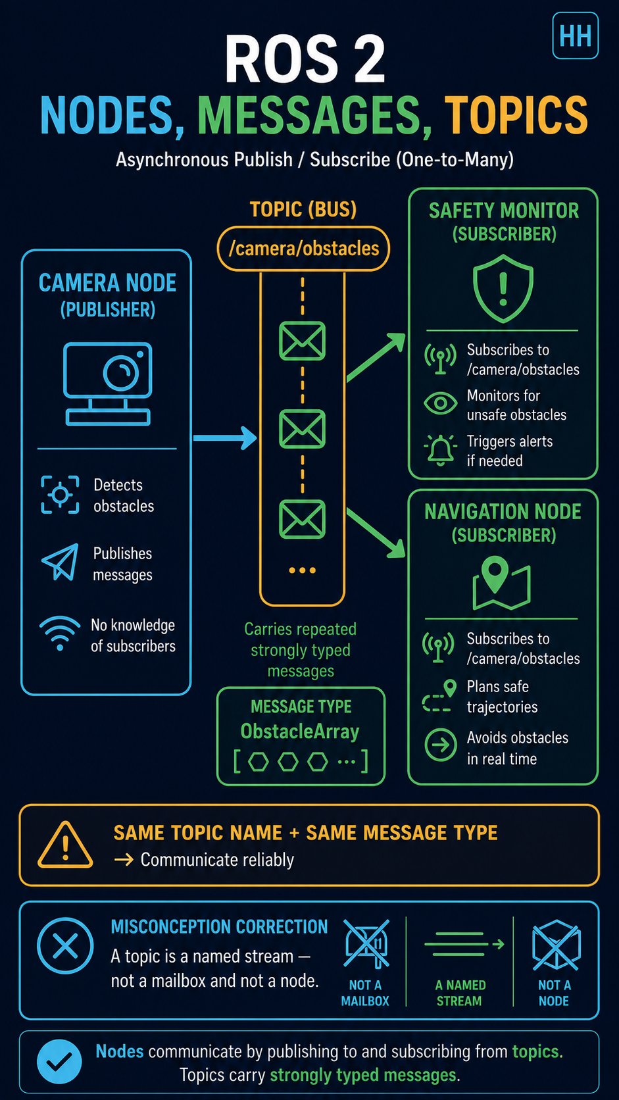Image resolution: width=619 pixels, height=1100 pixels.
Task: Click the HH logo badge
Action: tap(576, 36)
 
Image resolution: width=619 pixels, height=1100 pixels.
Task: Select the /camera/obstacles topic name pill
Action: tap(303, 249)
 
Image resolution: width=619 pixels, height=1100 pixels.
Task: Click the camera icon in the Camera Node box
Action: tap(107, 384)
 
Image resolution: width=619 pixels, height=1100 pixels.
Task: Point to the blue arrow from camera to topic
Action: tap(225, 438)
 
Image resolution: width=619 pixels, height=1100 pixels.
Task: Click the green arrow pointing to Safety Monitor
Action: tap(376, 357)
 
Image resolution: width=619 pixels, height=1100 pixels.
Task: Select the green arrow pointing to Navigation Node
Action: tap(376, 534)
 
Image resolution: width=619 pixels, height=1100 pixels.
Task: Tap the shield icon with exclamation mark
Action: tap(503, 288)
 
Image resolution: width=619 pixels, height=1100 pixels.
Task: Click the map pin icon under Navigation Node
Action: tap(501, 583)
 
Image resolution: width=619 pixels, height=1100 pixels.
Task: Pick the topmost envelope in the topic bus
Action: tap(302, 341)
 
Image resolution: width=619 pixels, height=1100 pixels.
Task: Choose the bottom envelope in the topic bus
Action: tap(302, 519)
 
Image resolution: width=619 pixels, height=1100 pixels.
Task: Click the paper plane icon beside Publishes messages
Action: tap(61, 562)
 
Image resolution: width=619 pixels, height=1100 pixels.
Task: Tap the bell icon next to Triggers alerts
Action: tap(440, 450)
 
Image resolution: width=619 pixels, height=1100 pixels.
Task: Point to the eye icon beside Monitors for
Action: tap(440, 403)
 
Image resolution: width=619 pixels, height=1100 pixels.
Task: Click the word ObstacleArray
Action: tap(300, 731)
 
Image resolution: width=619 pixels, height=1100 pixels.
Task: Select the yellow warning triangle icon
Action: tap(65, 845)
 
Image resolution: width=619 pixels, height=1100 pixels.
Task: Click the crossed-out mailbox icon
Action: tap(366, 943)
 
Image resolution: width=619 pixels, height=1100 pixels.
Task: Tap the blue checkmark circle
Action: tap(59, 1062)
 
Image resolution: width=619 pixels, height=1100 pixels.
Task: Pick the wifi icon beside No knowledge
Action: tap(60, 634)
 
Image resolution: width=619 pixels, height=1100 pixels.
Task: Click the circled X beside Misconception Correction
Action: tap(65, 945)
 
